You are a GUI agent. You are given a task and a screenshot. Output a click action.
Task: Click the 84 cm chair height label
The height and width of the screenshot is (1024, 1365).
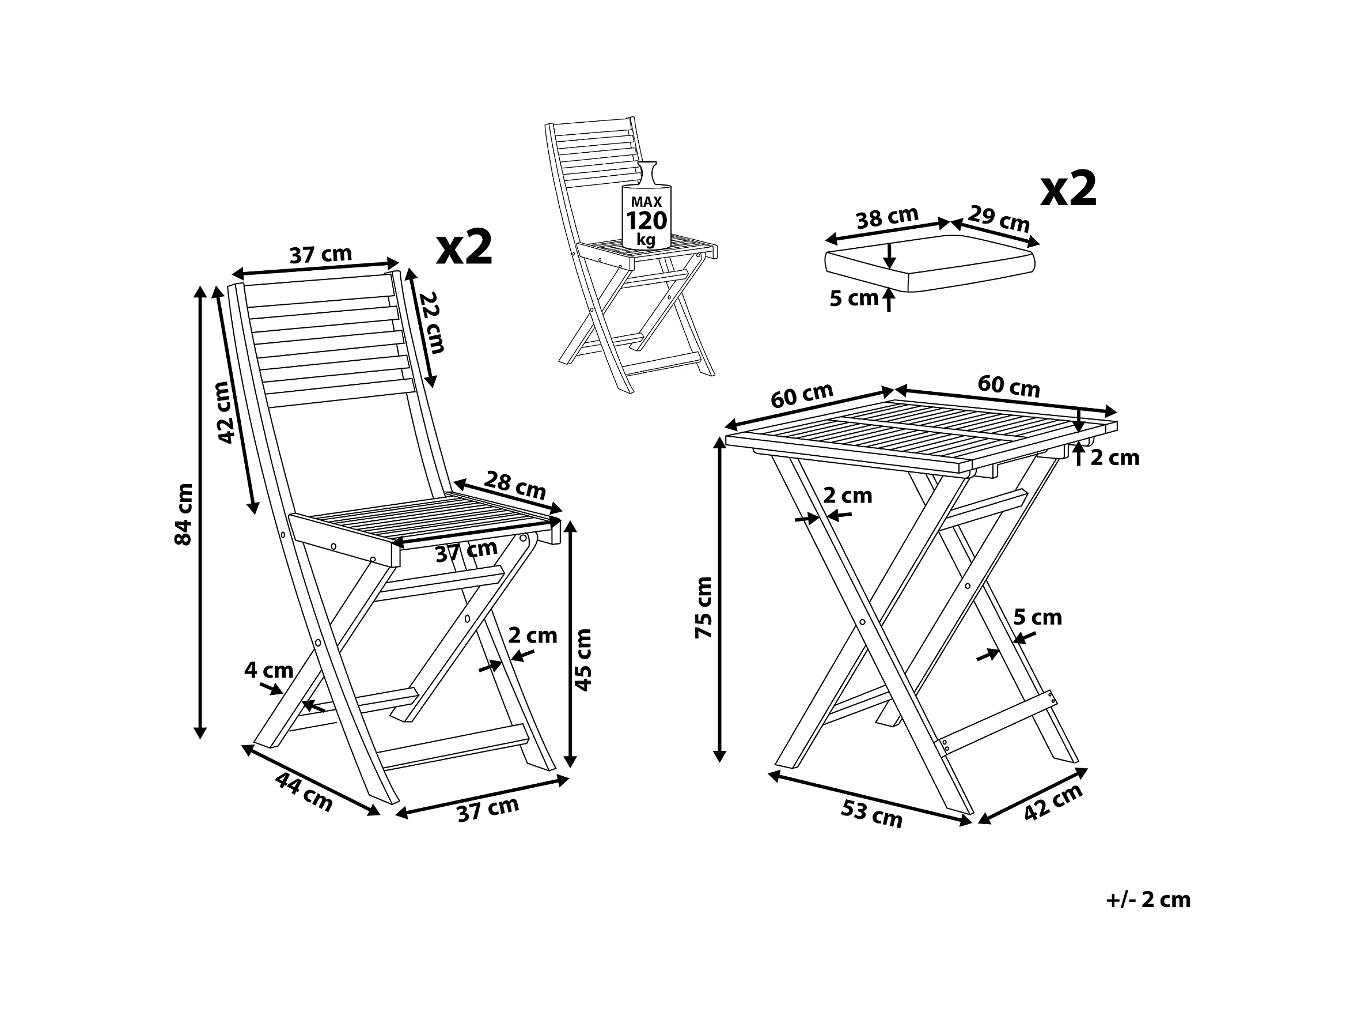pyautogui.click(x=184, y=514)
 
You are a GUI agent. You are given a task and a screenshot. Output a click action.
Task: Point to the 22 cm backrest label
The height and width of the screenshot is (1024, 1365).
pyautogui.click(x=433, y=322)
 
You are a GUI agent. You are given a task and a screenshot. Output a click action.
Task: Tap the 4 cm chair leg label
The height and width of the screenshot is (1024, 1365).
pyautogui.click(x=268, y=670)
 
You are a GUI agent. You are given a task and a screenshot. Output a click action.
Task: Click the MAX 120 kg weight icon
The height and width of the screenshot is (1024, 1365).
pyautogui.click(x=646, y=210)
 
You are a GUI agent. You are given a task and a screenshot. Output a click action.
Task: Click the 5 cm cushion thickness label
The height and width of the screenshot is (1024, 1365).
pyautogui.click(x=854, y=298)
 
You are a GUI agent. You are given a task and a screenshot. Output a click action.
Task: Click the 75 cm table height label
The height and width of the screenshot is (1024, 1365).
pyautogui.click(x=704, y=607)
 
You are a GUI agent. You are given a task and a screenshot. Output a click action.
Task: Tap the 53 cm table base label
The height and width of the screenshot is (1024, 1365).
pyautogui.click(x=871, y=814)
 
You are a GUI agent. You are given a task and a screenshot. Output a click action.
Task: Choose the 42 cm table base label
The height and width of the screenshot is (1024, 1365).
pyautogui.click(x=1053, y=802)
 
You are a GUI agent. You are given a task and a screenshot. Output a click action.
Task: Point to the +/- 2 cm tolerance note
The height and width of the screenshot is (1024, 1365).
pyautogui.click(x=1148, y=900)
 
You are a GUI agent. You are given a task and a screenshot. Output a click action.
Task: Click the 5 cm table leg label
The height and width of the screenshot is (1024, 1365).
pyautogui.click(x=1038, y=617)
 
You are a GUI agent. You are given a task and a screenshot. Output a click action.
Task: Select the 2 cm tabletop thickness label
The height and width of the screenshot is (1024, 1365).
pyautogui.click(x=1114, y=458)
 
